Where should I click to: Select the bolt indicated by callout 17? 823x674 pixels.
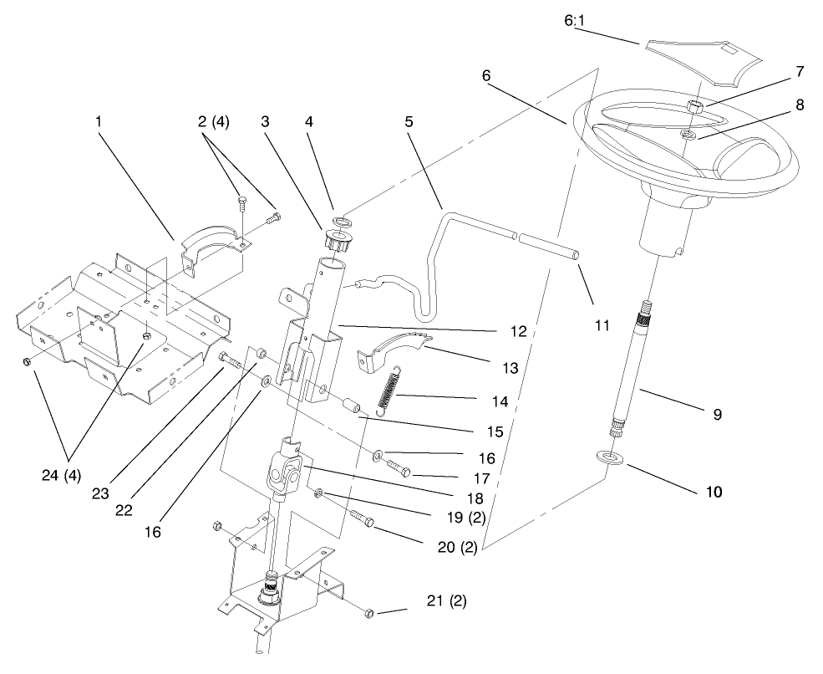tap(399, 472)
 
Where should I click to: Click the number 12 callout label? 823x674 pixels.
tap(516, 332)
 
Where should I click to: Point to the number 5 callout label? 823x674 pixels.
tap(409, 121)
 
